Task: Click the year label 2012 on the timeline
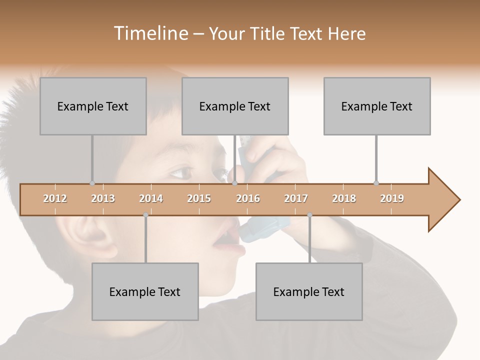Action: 55,198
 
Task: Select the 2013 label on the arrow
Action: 103,198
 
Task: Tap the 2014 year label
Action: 151,198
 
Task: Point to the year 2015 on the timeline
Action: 199,198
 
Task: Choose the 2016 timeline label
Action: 248,198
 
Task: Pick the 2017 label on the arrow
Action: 296,198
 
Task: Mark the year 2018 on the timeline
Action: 344,198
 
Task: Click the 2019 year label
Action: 392,198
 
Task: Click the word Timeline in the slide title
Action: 149,33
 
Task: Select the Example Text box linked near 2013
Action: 93,106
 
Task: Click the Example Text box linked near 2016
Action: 235,106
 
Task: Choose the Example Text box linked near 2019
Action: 377,106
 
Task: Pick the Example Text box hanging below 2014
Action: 145,291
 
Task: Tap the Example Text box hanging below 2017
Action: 309,291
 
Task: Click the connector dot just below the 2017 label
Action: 309,215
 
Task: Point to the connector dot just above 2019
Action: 376,183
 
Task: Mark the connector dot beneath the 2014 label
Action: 145,215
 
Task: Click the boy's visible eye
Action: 181,173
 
